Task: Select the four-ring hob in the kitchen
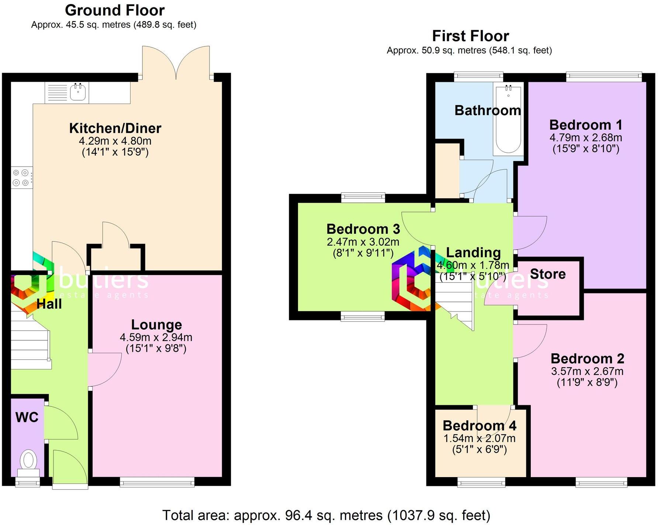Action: [x=21, y=177]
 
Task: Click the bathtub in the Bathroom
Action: [x=508, y=120]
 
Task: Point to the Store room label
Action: [x=548, y=274]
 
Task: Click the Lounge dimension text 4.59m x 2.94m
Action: [x=156, y=337]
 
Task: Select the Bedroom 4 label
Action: [x=479, y=425]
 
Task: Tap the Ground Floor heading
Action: [x=115, y=10]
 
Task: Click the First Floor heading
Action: [x=470, y=36]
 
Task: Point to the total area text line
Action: [x=326, y=515]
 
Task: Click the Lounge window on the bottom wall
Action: [x=157, y=482]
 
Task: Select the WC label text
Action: [x=27, y=417]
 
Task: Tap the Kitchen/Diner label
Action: [x=115, y=128]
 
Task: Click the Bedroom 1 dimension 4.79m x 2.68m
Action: [x=586, y=138]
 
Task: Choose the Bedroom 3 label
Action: [x=363, y=229]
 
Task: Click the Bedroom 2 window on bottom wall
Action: [x=601, y=482]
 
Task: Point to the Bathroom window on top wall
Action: [x=478, y=77]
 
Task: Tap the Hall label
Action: [x=49, y=304]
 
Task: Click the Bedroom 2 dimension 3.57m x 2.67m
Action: [x=587, y=371]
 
